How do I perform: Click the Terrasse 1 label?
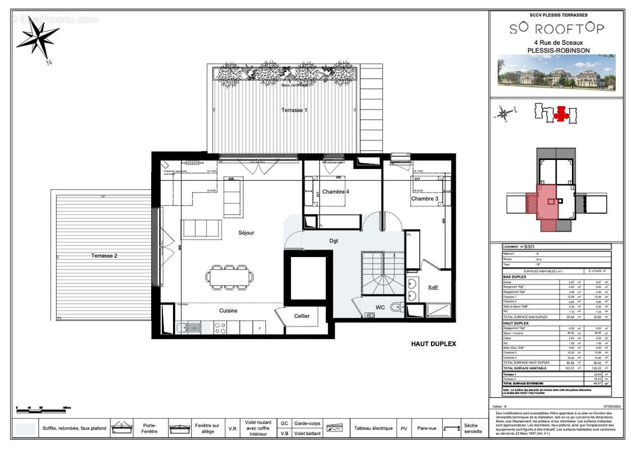coord(294,111)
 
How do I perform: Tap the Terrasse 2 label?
coord(105,256)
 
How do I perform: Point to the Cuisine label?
coord(228,310)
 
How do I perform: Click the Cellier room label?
coord(302,316)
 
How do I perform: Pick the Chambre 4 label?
coord(335,192)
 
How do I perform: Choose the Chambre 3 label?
coord(424,199)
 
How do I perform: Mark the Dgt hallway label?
coord(334,240)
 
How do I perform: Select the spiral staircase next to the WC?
coord(382,274)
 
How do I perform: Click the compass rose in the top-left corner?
coord(38,38)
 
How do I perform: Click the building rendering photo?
coord(556,72)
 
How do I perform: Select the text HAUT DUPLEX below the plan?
coord(434,344)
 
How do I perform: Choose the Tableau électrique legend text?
coord(373,428)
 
